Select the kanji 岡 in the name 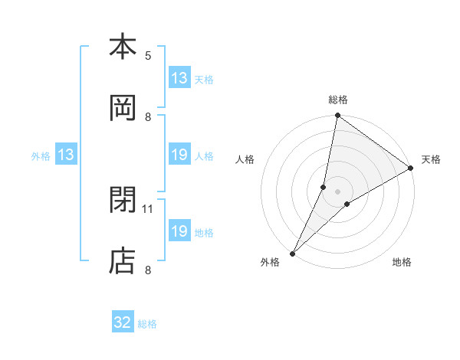point(123,109)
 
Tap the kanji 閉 point(123,200)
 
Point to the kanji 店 point(123,260)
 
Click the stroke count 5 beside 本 point(148,55)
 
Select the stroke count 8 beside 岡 point(148,116)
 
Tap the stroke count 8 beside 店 point(148,269)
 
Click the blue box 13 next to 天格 point(179,78)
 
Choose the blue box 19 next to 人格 point(179,155)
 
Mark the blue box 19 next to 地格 point(179,231)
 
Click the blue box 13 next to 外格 point(66,155)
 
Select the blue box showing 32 point(123,322)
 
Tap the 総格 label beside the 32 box point(148,323)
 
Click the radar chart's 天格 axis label point(431,159)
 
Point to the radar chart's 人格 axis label point(245,159)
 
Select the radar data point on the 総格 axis point(337,116)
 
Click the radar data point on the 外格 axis point(292,253)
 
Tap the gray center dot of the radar point(337,191)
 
